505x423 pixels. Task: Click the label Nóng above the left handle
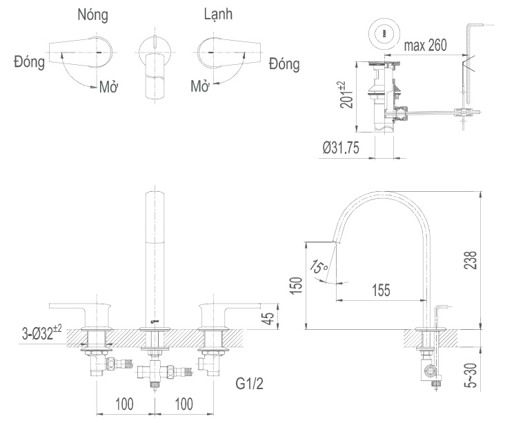click(x=93, y=14)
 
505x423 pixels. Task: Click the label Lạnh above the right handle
click(x=221, y=14)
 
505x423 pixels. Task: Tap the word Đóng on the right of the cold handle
click(x=284, y=65)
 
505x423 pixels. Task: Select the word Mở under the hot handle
click(x=108, y=88)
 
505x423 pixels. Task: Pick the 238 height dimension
click(x=471, y=260)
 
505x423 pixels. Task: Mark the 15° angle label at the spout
click(x=319, y=266)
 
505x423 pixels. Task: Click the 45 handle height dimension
click(x=271, y=318)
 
